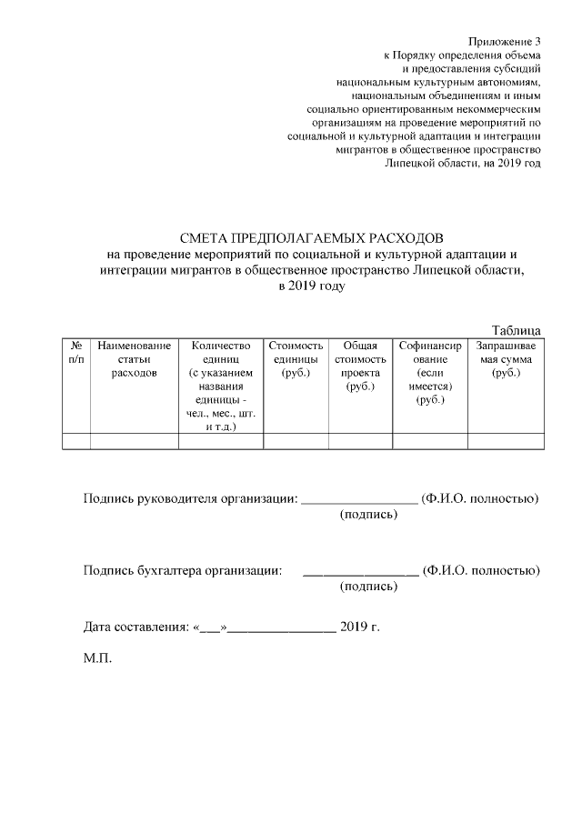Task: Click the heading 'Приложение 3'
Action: pyautogui.click(x=505, y=42)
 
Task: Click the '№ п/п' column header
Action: pyautogui.click(x=76, y=353)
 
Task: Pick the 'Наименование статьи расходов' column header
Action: pyautogui.click(x=134, y=359)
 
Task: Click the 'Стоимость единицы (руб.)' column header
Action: pyautogui.click(x=296, y=359)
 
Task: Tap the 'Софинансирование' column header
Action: pyautogui.click(x=429, y=373)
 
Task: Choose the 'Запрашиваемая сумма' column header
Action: pyautogui.click(x=506, y=359)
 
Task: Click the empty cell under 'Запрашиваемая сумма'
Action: pyautogui.click(x=506, y=441)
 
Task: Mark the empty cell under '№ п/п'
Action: pyautogui.click(x=76, y=441)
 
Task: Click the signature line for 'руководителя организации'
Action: pyautogui.click(x=358, y=499)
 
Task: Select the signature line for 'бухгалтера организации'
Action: pyautogui.click(x=360, y=572)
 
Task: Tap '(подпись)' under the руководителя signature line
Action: pyautogui.click(x=368, y=516)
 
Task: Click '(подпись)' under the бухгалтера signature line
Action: pyautogui.click(x=368, y=587)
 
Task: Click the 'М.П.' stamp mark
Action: pyautogui.click(x=97, y=658)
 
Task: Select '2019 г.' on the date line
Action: pyautogui.click(x=358, y=627)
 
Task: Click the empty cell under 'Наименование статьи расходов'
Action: pyautogui.click(x=134, y=441)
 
